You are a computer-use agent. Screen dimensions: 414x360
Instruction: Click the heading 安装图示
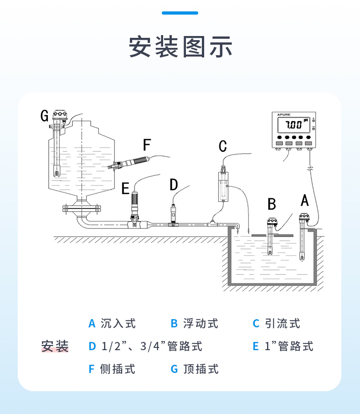click(180, 47)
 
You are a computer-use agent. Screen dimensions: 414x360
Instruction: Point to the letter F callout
click(146, 145)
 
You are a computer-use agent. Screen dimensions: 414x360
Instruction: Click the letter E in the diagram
click(125, 188)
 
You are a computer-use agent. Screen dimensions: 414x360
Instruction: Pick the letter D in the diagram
click(174, 185)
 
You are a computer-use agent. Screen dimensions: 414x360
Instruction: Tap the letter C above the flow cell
click(222, 146)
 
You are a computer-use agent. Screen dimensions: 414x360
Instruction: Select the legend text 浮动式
click(201, 324)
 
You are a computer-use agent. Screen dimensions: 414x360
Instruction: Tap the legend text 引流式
click(283, 324)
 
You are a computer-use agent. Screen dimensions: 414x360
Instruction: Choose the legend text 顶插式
click(201, 369)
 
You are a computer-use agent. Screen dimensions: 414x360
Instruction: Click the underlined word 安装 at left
click(55, 347)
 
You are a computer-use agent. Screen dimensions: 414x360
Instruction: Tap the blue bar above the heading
click(180, 13)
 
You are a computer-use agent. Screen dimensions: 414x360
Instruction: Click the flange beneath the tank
click(81, 209)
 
